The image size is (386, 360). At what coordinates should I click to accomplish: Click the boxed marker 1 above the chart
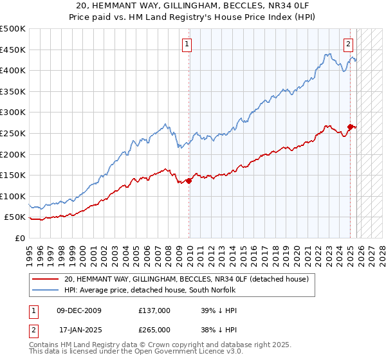click(187, 44)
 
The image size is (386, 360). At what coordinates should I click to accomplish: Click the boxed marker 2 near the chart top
click(347, 44)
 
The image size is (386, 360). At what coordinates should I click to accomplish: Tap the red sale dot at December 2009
click(189, 181)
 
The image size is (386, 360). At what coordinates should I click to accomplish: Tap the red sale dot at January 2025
click(351, 127)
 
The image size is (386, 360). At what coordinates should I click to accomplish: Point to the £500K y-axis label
click(13, 29)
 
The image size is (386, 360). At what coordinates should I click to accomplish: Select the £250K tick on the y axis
click(13, 133)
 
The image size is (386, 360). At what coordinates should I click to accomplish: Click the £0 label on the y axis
click(21, 238)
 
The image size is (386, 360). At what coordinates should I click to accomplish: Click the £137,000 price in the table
click(154, 310)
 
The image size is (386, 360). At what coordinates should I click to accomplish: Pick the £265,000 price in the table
click(154, 329)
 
